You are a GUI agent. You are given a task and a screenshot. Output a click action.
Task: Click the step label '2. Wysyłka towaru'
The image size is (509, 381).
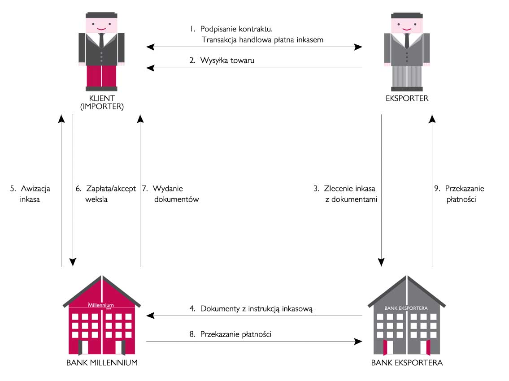click(222, 60)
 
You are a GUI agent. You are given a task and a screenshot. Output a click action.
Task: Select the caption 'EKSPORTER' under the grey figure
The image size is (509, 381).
click(407, 98)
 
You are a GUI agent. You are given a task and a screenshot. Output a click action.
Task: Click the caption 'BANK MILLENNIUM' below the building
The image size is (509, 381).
click(102, 363)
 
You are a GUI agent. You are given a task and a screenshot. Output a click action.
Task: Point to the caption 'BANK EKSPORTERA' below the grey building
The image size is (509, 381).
click(407, 363)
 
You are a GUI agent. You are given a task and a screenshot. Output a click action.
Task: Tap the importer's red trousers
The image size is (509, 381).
click(102, 76)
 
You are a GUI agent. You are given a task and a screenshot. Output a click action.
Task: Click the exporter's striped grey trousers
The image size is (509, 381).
click(407, 76)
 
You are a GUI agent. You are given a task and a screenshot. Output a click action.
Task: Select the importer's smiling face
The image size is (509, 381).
click(102, 26)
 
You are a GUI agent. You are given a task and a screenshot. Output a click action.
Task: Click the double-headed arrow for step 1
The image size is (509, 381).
click(254, 47)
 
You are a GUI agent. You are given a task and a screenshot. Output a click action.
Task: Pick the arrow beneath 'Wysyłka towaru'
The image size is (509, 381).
click(254, 68)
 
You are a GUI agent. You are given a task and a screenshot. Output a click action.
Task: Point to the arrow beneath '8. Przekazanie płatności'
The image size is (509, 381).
click(254, 342)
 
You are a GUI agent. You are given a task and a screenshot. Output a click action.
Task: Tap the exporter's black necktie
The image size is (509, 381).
click(407, 40)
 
